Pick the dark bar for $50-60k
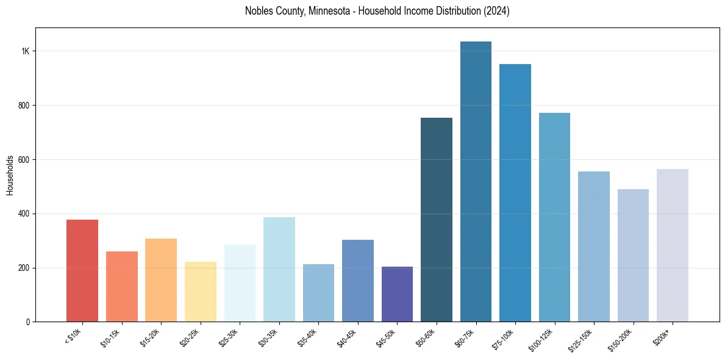click(437, 220)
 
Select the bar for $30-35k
click(279, 269)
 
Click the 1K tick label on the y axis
click(25, 51)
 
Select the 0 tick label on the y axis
click(27, 322)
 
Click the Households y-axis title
click(10, 175)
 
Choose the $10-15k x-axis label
click(111, 336)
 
